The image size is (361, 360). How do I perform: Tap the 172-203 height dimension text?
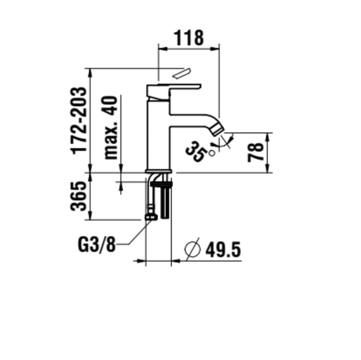[79, 120]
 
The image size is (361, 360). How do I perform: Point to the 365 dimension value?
[79, 196]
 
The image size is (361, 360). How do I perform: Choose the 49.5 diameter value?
[222, 250]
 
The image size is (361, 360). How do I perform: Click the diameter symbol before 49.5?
[193, 249]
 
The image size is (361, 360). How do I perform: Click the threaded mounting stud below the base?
[167, 200]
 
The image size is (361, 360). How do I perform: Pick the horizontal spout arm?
[193, 120]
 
